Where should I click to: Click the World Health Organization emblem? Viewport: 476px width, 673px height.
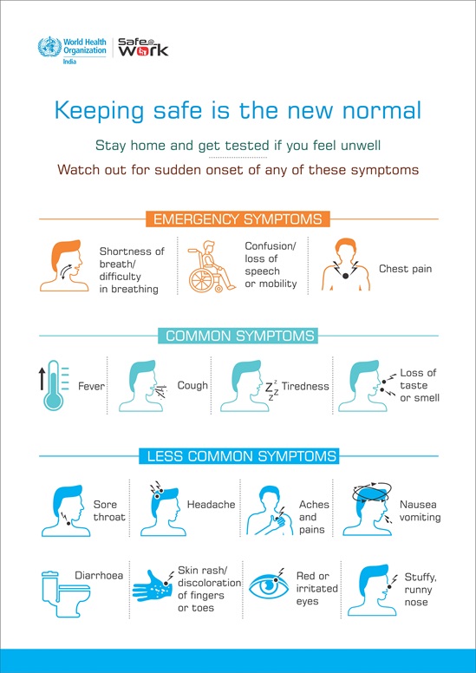49,47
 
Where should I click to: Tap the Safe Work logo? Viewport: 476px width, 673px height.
142,47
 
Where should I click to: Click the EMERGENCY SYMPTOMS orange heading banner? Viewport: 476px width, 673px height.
238,219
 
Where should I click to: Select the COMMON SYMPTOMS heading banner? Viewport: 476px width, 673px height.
238,336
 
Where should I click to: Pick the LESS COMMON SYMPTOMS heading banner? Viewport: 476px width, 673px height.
238,456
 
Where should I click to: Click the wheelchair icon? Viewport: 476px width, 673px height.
212,266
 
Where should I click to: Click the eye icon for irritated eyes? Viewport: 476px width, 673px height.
271,587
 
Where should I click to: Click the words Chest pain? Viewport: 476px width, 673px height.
405,269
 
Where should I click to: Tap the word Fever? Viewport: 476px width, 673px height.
91,386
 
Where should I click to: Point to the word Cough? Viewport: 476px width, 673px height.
192,385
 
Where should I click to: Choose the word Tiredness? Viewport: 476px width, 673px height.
305,386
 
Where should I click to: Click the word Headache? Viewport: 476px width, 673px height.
212,505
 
